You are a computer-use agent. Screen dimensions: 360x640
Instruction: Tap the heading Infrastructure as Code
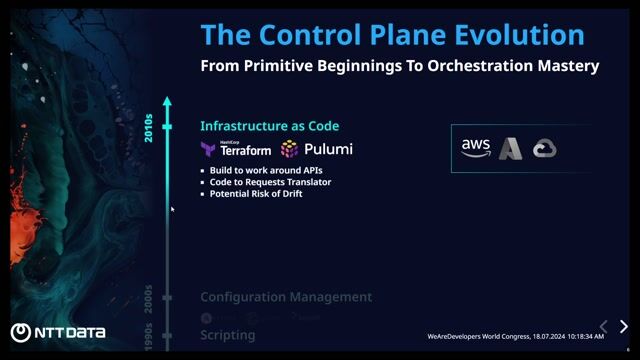(269, 126)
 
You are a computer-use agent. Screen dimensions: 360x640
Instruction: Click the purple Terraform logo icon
(208, 149)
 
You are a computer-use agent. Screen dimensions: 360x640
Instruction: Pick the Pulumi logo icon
(289, 149)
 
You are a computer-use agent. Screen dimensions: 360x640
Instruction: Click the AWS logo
(475, 147)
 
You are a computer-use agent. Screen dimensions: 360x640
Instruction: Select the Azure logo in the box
(511, 148)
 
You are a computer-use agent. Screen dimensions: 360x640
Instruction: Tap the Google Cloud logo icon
(544, 148)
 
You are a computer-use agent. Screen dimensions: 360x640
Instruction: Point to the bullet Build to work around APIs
(265, 171)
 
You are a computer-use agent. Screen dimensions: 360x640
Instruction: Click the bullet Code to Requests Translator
(270, 182)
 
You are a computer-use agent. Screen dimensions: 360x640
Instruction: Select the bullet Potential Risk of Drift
(256, 193)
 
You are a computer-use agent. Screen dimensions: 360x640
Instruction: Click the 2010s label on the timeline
(149, 127)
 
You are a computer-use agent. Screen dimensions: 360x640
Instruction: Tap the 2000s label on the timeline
(149, 297)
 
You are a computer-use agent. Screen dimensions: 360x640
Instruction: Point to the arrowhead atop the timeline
(168, 101)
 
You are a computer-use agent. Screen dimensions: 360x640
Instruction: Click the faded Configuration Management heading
(286, 297)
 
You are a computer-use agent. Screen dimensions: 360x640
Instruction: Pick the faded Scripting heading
(227, 335)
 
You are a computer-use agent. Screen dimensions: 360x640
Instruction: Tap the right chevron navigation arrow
(624, 327)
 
